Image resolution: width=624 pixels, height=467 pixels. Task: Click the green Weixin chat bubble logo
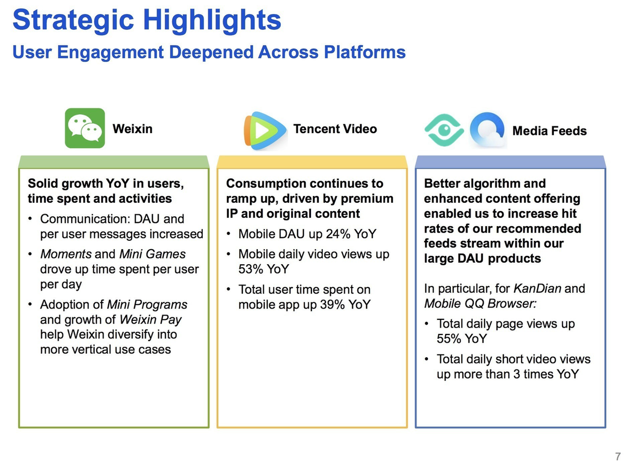coord(85,128)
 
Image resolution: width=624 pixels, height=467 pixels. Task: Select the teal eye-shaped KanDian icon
coord(444,130)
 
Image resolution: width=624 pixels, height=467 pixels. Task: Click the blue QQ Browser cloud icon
coord(487,130)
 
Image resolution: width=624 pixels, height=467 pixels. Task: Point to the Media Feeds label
coord(549,131)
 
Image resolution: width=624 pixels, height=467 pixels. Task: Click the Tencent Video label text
coord(335,129)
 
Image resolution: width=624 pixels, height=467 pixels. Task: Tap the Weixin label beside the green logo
coord(133,129)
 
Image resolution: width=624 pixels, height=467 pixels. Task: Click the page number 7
coord(617,456)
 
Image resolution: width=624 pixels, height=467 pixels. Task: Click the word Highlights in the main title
coord(212,20)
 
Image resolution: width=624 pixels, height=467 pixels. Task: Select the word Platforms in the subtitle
coord(365,53)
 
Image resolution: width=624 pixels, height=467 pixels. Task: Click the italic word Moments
coord(66,254)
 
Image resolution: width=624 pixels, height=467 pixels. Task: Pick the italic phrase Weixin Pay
coord(150,320)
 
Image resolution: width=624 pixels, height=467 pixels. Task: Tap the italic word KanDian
coord(537,289)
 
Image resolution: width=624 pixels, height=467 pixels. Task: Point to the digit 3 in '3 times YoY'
coord(516,374)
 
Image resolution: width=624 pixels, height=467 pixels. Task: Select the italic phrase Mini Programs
coord(147,305)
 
